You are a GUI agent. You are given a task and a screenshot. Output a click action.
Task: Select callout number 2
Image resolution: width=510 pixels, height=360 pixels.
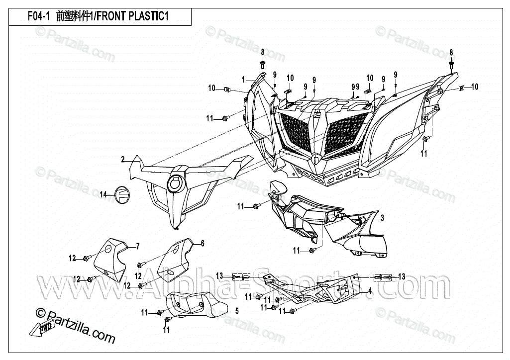click(122, 160)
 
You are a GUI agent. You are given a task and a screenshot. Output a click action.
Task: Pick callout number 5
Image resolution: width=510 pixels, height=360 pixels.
click(237, 311)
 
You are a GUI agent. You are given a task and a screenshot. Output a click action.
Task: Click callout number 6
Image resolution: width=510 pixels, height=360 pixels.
click(203, 243)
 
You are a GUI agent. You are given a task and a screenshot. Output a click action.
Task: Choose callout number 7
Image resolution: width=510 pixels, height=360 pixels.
click(138, 246)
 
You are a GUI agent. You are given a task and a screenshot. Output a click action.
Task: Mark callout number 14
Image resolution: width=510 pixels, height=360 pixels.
click(103, 194)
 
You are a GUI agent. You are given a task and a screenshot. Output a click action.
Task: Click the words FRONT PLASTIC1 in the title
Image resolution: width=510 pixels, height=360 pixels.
click(132, 16)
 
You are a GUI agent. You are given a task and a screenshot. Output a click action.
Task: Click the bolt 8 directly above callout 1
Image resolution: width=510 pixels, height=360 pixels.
click(263, 65)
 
